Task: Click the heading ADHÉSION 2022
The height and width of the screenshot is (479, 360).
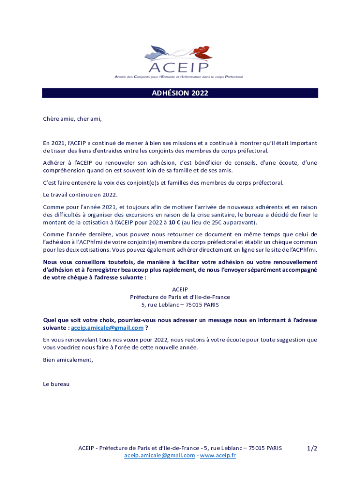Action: [x=180, y=93]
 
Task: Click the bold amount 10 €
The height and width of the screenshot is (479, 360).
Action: [x=174, y=223]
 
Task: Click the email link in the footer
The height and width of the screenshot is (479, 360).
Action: [x=159, y=456]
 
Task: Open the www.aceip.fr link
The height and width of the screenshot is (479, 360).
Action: [x=218, y=456]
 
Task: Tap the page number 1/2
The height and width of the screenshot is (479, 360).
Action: [x=312, y=448]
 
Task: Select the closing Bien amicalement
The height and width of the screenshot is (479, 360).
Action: [x=68, y=360]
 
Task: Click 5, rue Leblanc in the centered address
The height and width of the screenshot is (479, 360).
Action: [x=162, y=305]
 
